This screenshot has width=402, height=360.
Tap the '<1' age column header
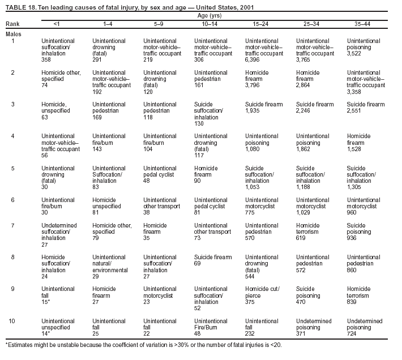point(56,25)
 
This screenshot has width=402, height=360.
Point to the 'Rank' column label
point(12,25)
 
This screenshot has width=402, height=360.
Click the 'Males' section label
point(14,34)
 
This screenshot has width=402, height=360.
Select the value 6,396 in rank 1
point(253,59)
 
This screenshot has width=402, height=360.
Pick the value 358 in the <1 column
point(46,59)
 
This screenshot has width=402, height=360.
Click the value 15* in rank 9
point(47,302)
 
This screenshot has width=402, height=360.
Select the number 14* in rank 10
point(47,334)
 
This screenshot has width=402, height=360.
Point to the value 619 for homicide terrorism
point(302,238)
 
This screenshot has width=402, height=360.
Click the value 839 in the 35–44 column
point(353,302)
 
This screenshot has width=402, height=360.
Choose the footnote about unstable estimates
point(143,344)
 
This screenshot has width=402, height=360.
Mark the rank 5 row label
point(13,168)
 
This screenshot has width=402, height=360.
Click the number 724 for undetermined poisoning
point(353,334)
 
